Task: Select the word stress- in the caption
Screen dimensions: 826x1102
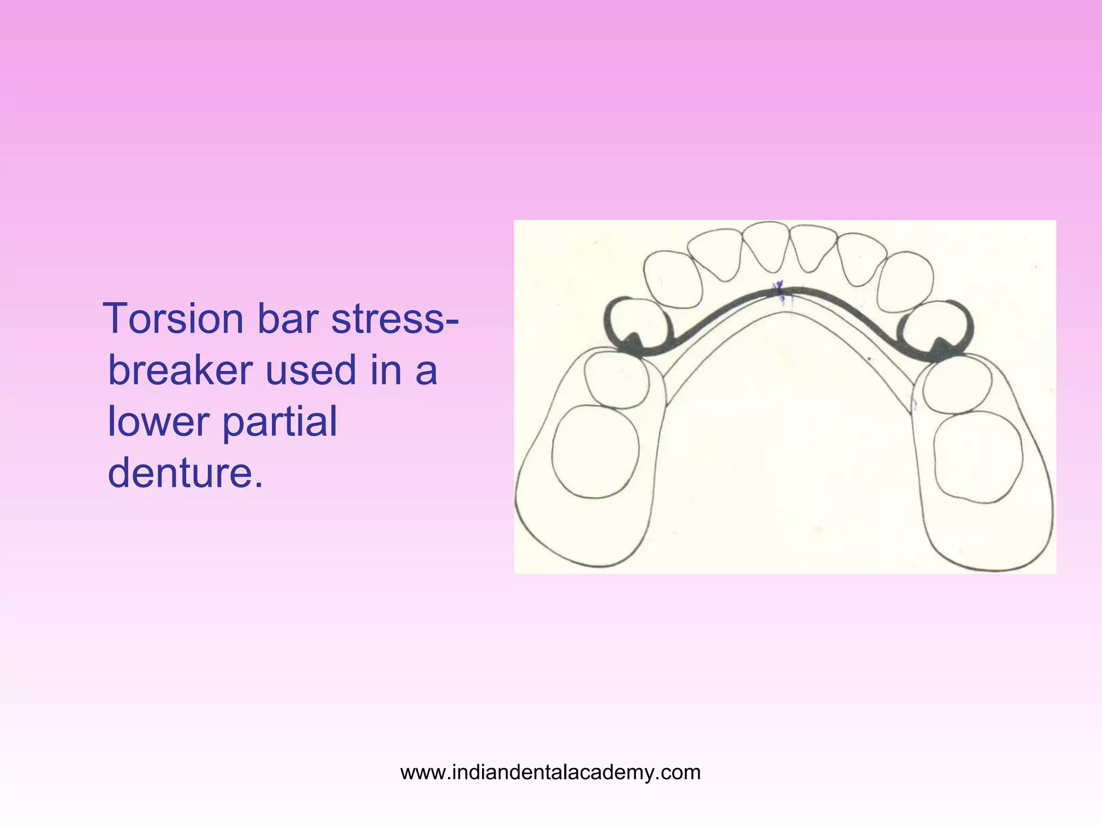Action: coord(395,319)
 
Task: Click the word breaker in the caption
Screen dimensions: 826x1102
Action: coord(180,371)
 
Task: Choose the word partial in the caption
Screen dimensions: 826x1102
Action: coord(279,421)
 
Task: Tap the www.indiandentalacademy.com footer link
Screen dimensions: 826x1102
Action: coord(550,772)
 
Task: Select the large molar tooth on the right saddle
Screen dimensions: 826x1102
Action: coord(978,457)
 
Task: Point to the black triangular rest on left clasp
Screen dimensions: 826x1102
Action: coord(633,343)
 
